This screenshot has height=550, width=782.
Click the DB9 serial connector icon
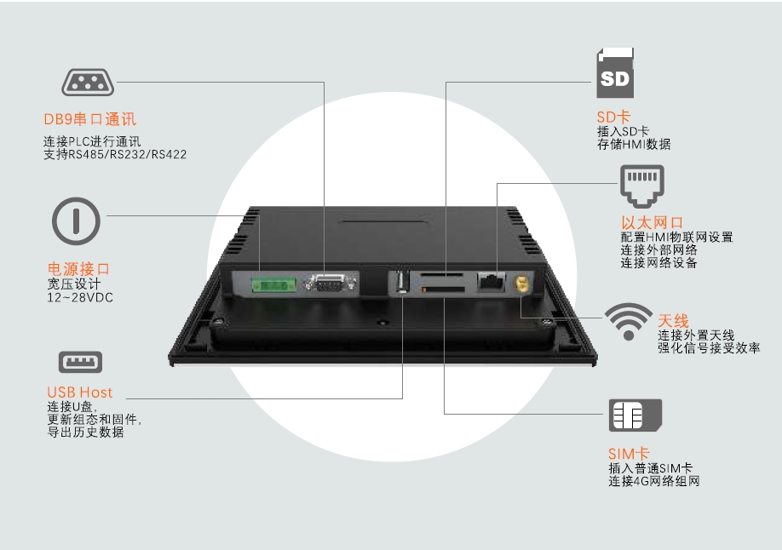pyautogui.click(x=89, y=83)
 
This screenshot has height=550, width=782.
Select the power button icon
pyautogui.click(x=77, y=220)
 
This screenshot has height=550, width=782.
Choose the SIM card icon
pyautogui.click(x=635, y=415)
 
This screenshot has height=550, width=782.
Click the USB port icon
pyautogui.click(x=79, y=362)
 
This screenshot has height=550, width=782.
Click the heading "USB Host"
pyautogui.click(x=80, y=392)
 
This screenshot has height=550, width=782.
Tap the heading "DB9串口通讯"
pyautogui.click(x=90, y=120)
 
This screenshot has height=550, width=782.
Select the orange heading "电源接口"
pyautogui.click(x=79, y=269)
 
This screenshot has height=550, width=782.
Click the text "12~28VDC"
pyautogui.click(x=80, y=297)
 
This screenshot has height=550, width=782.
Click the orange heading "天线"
pyautogui.click(x=673, y=321)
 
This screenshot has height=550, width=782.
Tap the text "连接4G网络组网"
pyautogui.click(x=654, y=482)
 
